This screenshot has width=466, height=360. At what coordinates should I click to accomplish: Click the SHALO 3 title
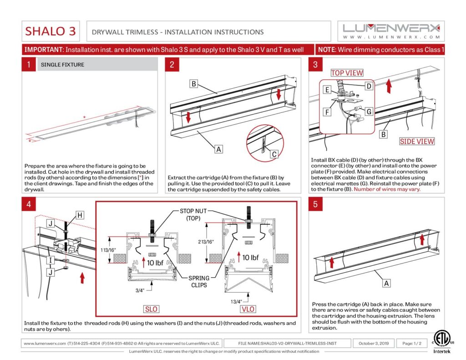(51, 31)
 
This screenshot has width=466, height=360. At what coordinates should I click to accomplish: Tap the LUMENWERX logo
(391, 31)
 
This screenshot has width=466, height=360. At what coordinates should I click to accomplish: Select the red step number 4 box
(29, 204)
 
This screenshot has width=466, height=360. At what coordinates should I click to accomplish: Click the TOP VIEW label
(347, 73)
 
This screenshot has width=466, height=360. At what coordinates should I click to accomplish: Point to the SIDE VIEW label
(417, 141)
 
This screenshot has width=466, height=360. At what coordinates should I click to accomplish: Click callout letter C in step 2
(274, 154)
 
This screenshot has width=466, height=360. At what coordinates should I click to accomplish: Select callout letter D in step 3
(369, 86)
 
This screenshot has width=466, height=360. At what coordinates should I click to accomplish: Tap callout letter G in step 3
(369, 112)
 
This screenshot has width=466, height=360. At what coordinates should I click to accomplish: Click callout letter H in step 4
(80, 215)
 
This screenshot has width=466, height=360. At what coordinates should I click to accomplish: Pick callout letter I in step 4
(51, 260)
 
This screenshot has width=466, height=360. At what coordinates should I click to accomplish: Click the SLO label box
(151, 309)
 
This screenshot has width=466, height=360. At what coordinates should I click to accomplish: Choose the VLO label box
(248, 309)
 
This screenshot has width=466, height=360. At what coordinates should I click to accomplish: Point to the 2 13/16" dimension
(206, 242)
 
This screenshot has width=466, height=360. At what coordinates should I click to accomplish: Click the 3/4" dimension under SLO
(140, 290)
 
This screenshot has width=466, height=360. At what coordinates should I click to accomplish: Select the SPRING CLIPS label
(199, 282)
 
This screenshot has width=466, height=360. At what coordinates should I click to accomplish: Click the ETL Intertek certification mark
(442, 342)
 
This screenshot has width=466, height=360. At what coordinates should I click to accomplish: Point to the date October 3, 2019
(374, 343)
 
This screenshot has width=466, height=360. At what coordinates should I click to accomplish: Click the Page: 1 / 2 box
(412, 343)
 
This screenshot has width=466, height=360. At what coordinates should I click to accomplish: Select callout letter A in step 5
(386, 283)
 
